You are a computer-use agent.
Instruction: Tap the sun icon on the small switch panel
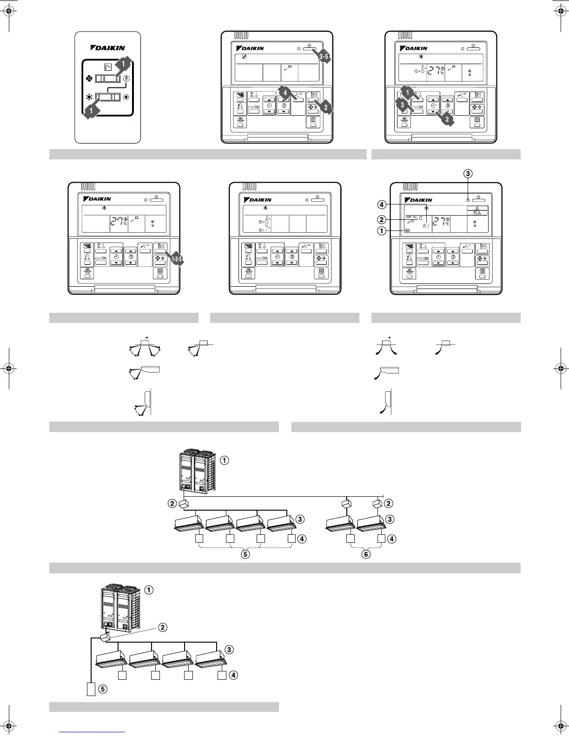point(126,98)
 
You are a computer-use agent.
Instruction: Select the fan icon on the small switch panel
point(90,79)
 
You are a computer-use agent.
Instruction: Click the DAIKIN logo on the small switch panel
point(107,47)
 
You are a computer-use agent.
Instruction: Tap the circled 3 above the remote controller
point(468,173)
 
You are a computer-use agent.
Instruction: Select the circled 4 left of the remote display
point(381,204)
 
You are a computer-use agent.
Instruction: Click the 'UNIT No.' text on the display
point(411,217)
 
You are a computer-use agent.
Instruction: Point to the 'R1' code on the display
point(426,226)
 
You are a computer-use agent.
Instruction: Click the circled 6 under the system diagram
point(366,554)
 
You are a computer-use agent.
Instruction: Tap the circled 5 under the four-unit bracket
point(245,554)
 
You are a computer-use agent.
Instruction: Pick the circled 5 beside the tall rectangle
point(102,689)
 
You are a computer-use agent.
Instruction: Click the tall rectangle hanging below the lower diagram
point(91,689)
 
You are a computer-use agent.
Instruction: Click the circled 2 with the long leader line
point(162,627)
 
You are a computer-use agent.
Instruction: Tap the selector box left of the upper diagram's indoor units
point(185,503)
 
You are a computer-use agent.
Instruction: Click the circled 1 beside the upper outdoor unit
point(224,460)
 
